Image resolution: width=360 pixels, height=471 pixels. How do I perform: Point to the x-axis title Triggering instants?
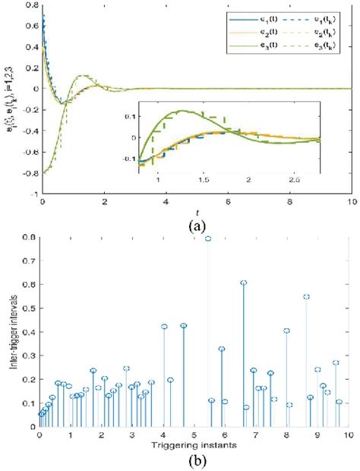(x=194, y=443)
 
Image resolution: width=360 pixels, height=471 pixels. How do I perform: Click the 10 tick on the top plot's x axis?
(x=348, y=200)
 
